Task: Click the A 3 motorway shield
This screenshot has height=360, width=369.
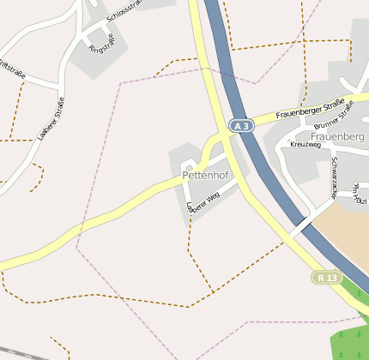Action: click(242, 126)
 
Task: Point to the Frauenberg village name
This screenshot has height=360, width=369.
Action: click(338, 137)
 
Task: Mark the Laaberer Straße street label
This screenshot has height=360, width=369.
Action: click(52, 119)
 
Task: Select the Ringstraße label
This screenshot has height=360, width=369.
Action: click(101, 42)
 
